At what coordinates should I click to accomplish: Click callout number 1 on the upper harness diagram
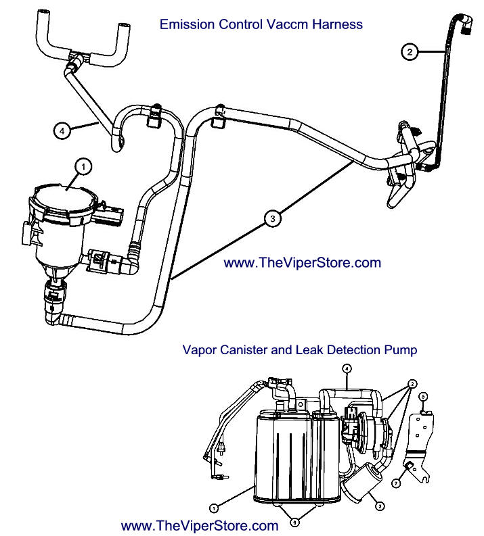point(83,164)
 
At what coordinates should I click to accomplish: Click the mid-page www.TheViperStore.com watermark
point(302,263)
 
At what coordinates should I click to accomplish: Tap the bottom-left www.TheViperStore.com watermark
point(200,525)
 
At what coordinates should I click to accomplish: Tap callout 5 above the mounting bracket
point(422,396)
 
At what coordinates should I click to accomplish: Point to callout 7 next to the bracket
point(398,483)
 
